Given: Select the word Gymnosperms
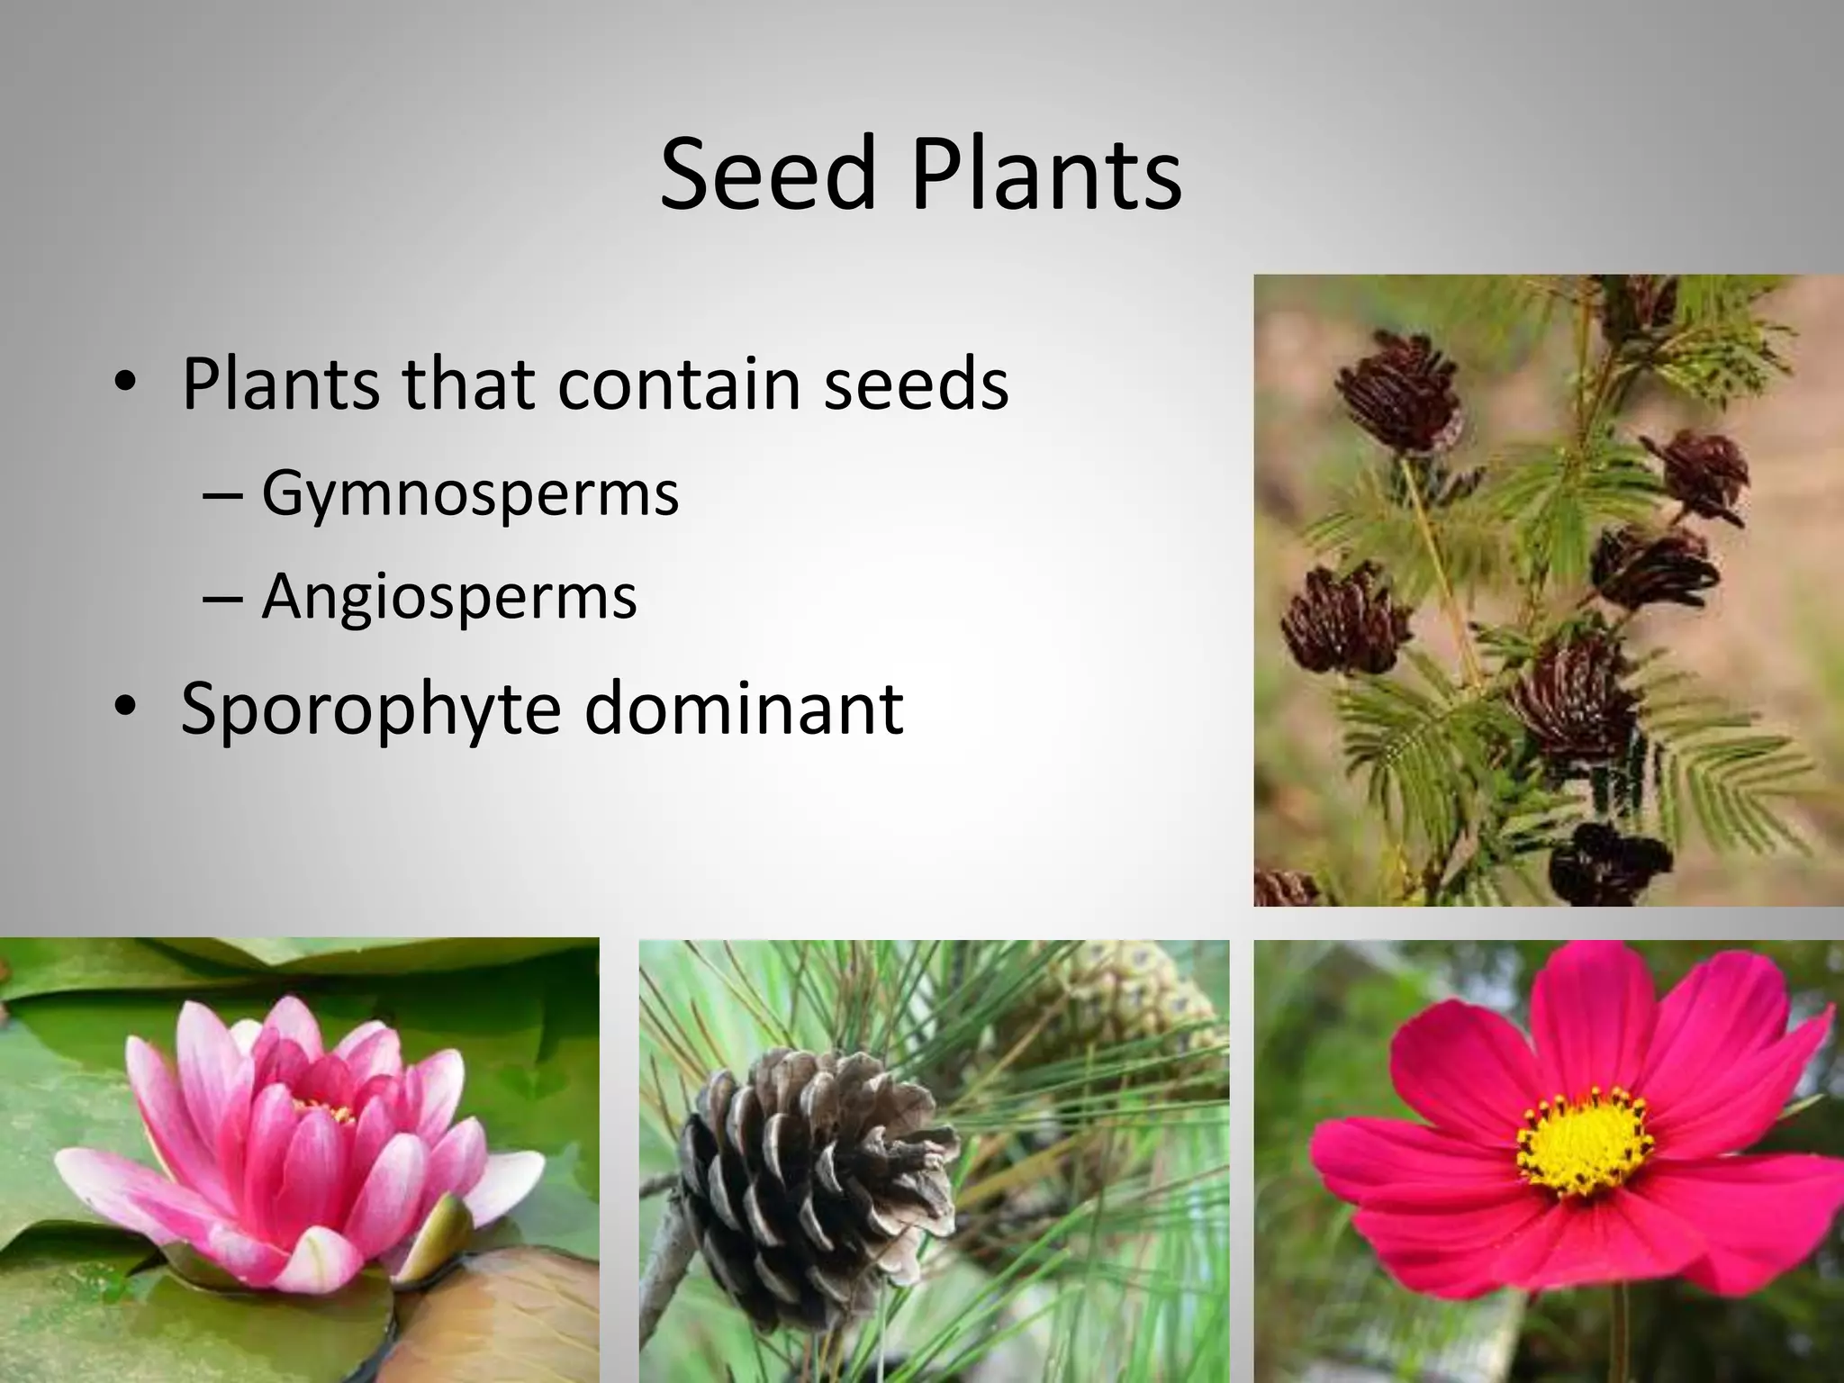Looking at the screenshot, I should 470,495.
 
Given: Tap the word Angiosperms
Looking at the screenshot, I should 449,596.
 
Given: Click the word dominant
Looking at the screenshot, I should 744,709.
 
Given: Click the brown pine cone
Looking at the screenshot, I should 810,1171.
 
